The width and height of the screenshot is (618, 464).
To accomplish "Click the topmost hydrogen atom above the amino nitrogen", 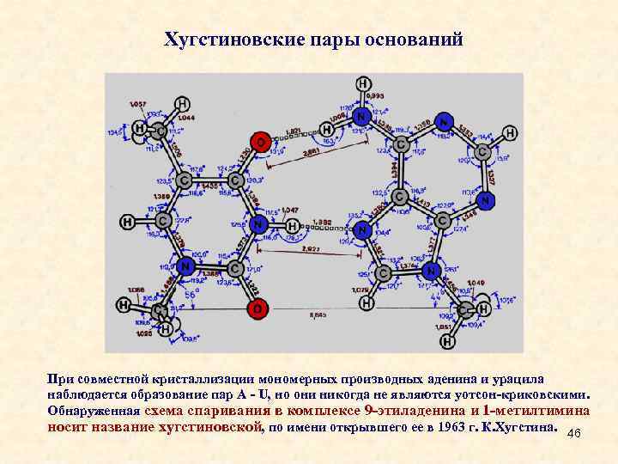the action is [x=363, y=84].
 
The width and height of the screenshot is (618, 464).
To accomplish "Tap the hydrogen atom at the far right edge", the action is [x=510, y=133].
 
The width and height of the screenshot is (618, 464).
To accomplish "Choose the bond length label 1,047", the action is [x=288, y=210].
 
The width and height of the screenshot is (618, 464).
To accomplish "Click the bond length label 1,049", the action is [x=476, y=283].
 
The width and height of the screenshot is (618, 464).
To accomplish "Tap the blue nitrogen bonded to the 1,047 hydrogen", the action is [x=259, y=223].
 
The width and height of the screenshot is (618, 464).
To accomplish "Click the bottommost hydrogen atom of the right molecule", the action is [x=447, y=342].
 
